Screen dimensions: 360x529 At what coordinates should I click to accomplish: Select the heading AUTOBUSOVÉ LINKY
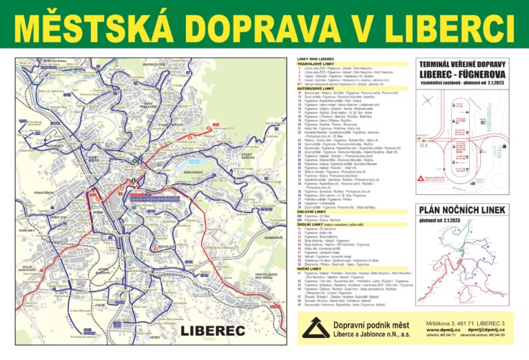tap(311, 88)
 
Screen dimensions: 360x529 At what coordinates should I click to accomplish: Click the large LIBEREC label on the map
tap(213, 331)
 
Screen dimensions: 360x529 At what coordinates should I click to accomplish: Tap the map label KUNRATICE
tap(273, 237)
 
